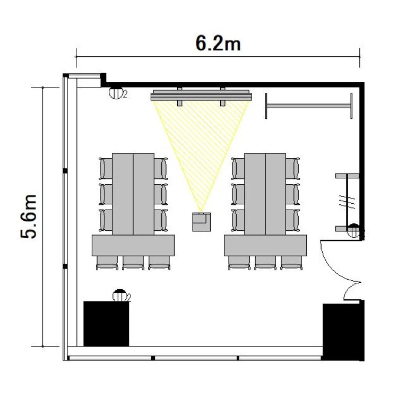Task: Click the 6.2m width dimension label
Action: pos(218,44)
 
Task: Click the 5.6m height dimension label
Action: pos(29,217)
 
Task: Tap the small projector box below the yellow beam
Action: pos(202,222)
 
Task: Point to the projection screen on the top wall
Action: pos(201,97)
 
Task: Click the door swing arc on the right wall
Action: pos(338,269)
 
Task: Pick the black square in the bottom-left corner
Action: pos(106,324)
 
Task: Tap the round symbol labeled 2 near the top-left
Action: pos(116,93)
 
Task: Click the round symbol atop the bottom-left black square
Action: pos(120,296)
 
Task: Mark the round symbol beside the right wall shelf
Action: pos(353,230)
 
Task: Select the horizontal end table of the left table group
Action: pos(133,246)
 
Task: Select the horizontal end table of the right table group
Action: pos(265,246)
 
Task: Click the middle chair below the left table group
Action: pos(133,263)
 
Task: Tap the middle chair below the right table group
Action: pos(265,263)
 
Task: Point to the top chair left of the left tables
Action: pos(106,168)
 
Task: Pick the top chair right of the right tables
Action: pos(292,168)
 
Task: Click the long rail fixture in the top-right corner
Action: pos(309,106)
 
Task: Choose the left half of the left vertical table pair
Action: pos(123,194)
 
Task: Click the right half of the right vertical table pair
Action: pos(275,194)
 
